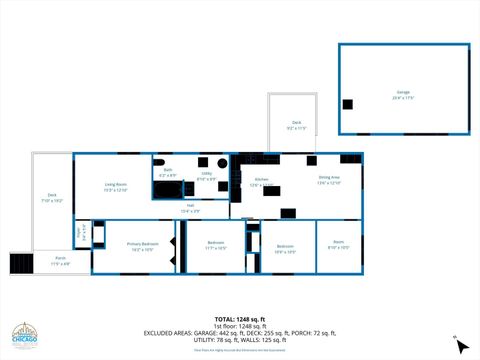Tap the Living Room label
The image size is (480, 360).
tap(116, 187)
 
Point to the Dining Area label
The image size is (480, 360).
tap(329, 180)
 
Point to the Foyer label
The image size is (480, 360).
tap(80, 234)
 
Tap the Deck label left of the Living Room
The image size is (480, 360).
tap(52, 198)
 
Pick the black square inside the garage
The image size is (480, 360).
tap(347, 104)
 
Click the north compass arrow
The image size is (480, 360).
tap(459, 345)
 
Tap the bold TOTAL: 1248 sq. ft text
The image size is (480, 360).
tap(240, 319)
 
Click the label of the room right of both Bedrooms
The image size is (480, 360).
tap(339, 246)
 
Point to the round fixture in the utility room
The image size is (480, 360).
tap(223, 162)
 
